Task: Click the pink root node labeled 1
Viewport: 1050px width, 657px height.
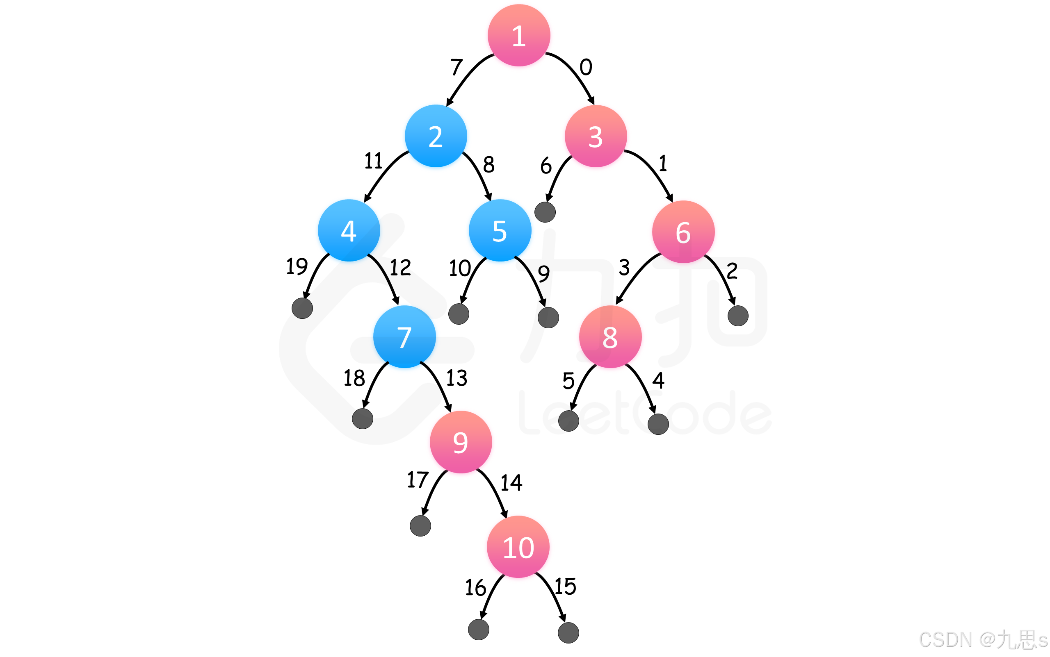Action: point(519,35)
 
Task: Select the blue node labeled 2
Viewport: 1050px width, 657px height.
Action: point(436,136)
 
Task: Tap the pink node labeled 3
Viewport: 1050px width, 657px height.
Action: point(596,136)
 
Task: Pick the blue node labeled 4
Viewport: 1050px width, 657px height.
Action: point(349,230)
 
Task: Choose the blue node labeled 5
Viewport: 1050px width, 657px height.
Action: point(500,230)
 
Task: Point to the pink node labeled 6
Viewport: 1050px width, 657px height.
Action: point(683,232)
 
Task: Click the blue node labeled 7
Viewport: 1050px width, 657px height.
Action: point(404,337)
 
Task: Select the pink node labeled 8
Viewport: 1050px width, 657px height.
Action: point(610,337)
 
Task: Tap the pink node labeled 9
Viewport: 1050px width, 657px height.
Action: point(461,442)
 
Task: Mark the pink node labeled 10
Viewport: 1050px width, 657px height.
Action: point(518,547)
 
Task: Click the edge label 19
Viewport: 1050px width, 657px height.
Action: point(297,266)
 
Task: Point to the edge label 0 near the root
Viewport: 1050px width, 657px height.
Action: point(586,67)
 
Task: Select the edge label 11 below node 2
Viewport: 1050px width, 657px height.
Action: point(373,161)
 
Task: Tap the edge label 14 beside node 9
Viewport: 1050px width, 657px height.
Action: point(511,482)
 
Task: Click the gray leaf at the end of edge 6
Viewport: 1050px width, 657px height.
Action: point(545,212)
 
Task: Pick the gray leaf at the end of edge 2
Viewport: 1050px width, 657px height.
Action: point(738,316)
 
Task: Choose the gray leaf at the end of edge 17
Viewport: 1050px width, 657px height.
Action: point(420,526)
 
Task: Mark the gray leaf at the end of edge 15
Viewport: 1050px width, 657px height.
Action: point(568,633)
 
